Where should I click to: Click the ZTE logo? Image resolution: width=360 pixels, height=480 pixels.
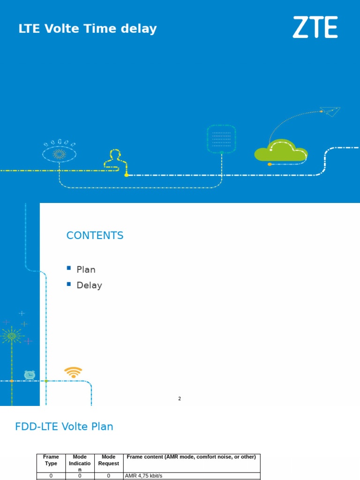315,27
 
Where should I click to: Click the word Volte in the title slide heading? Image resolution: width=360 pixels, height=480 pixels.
62,29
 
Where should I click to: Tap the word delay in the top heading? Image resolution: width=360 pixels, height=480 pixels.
139,29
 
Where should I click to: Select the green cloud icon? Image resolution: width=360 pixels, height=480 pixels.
281,150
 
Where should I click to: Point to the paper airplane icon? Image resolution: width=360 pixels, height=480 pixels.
330,112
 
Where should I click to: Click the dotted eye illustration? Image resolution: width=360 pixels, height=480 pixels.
59,151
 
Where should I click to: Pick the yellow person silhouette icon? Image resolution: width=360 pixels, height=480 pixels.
116,159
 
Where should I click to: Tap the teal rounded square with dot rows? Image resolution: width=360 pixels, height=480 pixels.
221,138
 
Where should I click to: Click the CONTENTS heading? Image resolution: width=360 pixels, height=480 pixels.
95,235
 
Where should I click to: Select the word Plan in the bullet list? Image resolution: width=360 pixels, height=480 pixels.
86,270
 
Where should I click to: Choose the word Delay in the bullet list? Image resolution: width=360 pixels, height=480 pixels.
90,285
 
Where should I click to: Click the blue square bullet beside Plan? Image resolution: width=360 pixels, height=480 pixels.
69,268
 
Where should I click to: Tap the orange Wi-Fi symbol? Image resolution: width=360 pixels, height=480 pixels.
73,372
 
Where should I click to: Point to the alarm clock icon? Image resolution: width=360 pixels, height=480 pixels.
30,375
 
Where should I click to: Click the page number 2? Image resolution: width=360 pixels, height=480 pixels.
180,398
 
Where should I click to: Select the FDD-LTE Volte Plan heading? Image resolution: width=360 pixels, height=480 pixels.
64,427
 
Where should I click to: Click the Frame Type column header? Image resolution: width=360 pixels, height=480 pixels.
51,460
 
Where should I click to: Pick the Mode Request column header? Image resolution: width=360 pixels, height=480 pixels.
109,460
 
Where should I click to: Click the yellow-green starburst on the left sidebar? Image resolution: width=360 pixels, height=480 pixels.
12,336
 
